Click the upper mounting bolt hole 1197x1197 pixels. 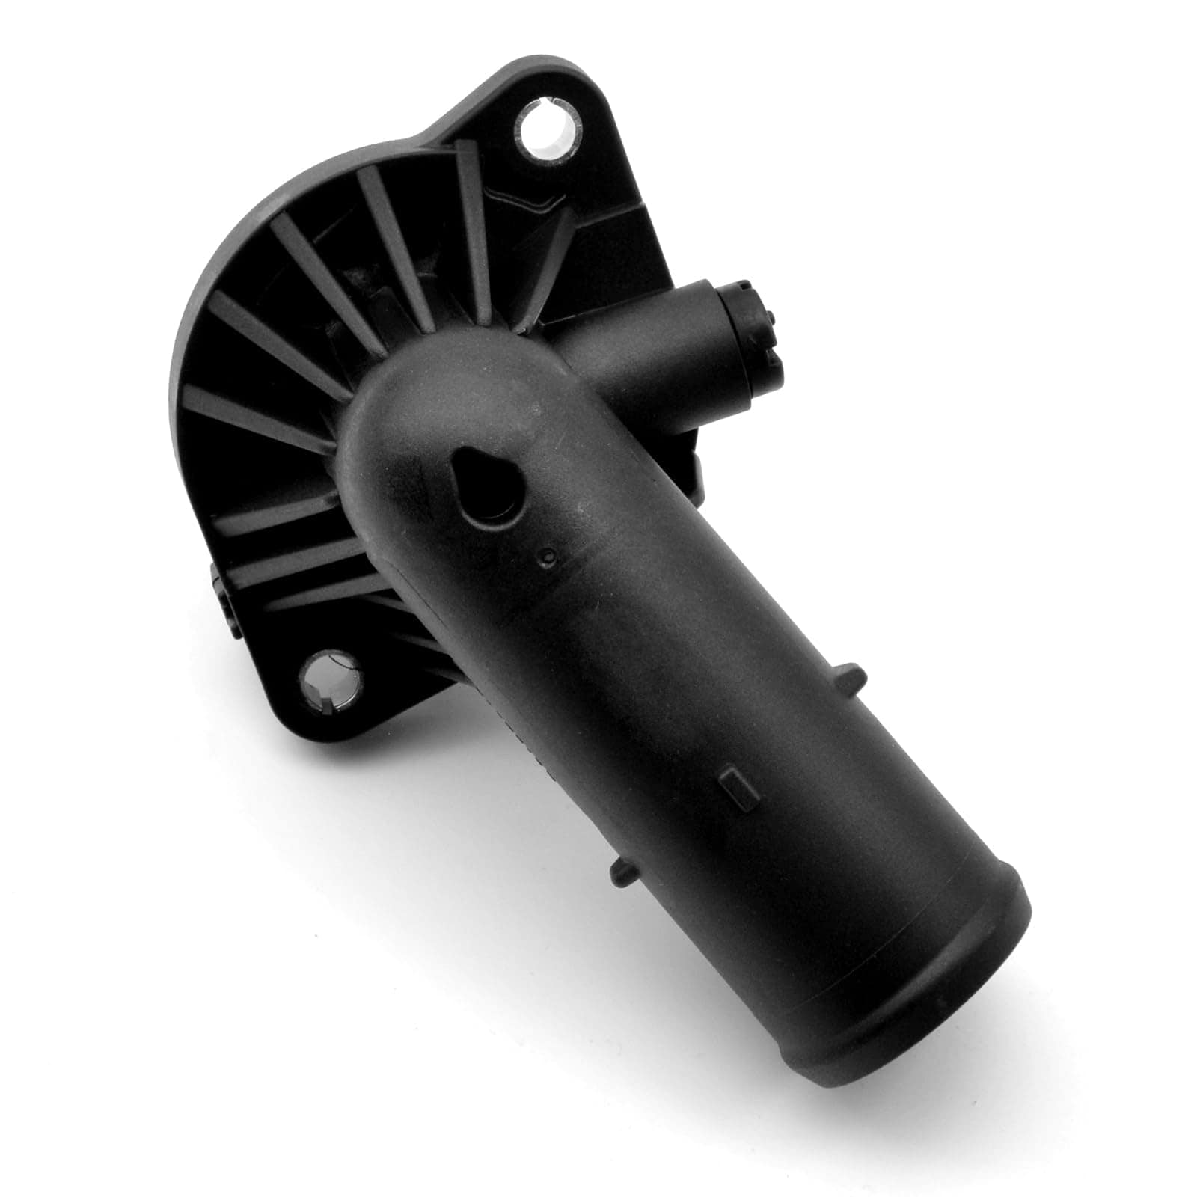(549, 130)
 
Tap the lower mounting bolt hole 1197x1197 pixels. (330, 681)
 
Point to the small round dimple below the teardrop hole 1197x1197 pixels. (550, 555)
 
